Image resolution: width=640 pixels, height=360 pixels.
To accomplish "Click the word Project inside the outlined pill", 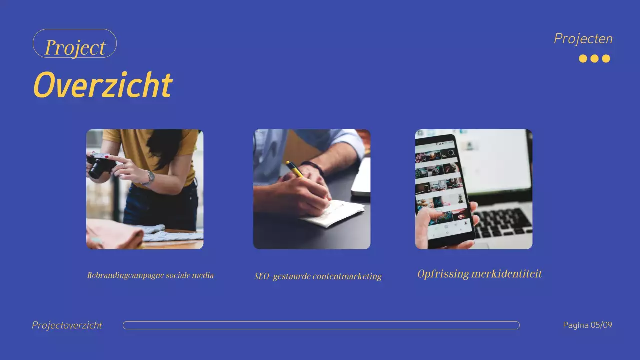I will pos(75,47).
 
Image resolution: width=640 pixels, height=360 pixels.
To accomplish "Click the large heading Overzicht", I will pos(102,85).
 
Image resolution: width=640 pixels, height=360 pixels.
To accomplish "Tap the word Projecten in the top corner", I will pos(583,39).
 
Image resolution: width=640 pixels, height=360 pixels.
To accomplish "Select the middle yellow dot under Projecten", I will pos(594,59).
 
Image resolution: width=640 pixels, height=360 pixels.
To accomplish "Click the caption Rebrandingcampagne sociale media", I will pos(150,275).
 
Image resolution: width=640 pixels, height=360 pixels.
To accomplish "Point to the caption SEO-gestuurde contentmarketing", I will pos(318,276).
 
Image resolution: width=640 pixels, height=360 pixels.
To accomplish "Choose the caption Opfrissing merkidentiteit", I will pos(479,274).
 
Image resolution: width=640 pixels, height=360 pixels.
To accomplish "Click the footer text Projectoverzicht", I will pos(67,325).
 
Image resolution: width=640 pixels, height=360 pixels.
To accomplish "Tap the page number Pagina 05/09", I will pos(587,325).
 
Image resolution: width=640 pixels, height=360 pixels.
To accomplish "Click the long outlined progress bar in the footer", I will pos(321,325).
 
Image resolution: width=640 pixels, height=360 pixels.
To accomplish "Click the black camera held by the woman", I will pos(100,165).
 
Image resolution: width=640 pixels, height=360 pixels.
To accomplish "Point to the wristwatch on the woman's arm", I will pos(149,177).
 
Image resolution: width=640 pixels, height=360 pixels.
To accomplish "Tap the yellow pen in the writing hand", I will pos(295,169).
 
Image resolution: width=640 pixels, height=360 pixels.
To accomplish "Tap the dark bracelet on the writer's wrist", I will pos(313,168).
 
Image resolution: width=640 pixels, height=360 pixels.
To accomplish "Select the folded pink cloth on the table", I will pos(115,235).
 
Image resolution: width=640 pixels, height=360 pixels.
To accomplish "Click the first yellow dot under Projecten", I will pos(583,59).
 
